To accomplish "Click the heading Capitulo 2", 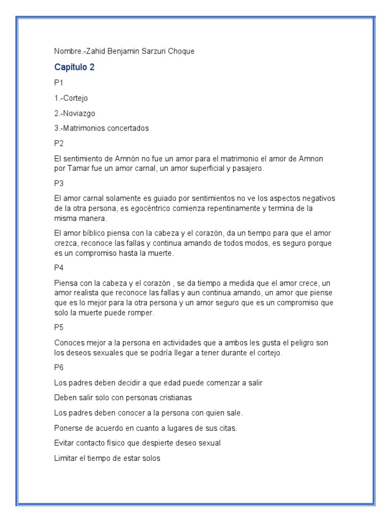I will [x=74, y=67].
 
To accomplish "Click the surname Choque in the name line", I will [x=181, y=51].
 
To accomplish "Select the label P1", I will [x=59, y=82].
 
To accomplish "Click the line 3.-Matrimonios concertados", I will [x=101, y=128].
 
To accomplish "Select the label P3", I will [x=59, y=183].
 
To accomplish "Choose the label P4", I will [x=59, y=266].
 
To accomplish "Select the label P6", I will [x=59, y=368].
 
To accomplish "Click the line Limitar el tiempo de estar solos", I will [x=107, y=459].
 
